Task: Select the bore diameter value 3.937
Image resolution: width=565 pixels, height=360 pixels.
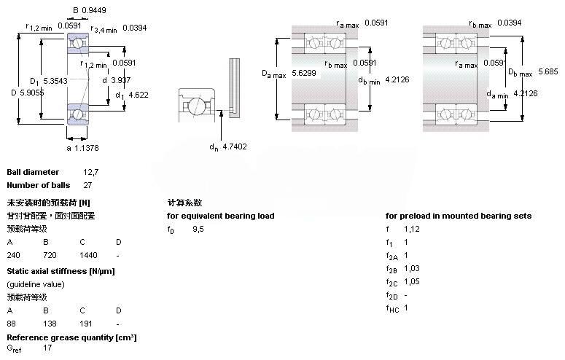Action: coord(120,80)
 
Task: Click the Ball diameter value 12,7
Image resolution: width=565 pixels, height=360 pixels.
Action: coord(90,173)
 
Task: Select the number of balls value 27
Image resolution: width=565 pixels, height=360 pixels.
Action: coord(87,185)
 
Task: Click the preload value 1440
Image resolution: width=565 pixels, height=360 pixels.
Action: coord(87,256)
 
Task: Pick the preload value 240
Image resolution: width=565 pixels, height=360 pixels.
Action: coord(14,256)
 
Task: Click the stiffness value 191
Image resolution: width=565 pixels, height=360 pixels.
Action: coord(86,323)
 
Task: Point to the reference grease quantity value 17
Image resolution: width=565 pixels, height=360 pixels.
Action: coord(47,348)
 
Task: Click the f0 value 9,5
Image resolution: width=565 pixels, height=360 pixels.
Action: coord(198,230)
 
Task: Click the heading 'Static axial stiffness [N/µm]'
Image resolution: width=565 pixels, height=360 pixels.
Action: coord(61,271)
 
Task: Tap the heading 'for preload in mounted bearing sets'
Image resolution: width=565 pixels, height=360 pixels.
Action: coord(458,216)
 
